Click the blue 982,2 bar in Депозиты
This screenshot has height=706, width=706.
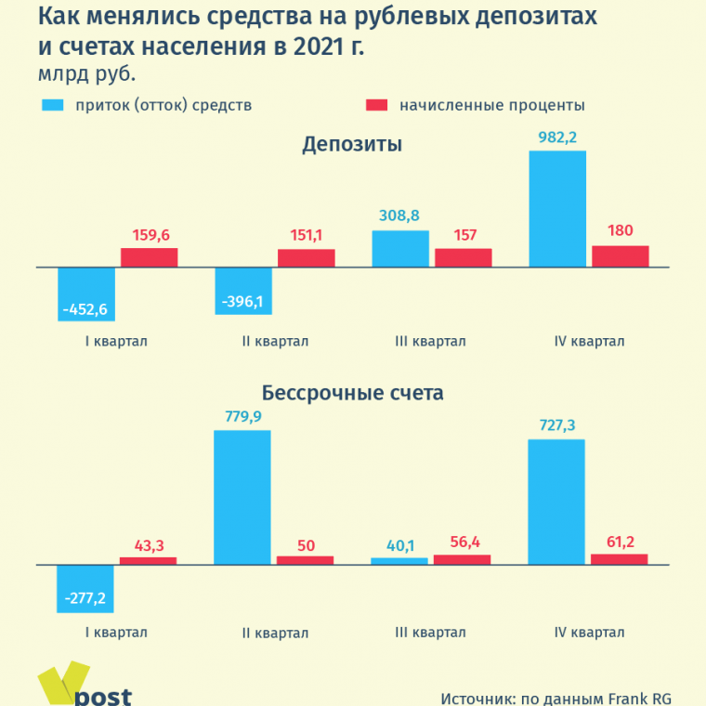[x=557, y=209]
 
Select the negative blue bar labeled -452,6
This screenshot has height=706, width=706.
[x=86, y=294]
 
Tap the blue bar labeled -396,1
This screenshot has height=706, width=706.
[x=243, y=291]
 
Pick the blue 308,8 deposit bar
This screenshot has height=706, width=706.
[x=400, y=249]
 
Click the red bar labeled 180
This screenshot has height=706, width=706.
[x=621, y=256]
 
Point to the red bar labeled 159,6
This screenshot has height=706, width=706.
[x=149, y=257]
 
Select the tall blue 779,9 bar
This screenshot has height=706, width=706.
[x=242, y=497]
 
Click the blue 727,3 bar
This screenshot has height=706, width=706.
[x=556, y=502]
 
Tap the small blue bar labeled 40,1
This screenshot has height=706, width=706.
[x=399, y=561]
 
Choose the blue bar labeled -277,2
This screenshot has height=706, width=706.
[x=85, y=587]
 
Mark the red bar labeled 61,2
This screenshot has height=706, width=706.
[x=620, y=559]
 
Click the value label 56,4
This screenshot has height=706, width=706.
[x=463, y=543]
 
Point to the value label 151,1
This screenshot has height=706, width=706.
[x=306, y=237]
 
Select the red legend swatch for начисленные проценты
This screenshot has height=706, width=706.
[x=376, y=105]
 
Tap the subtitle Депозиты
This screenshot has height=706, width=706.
[x=352, y=145]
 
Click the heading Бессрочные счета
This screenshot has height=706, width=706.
[x=352, y=393]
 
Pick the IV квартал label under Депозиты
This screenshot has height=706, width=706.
[x=589, y=341]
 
